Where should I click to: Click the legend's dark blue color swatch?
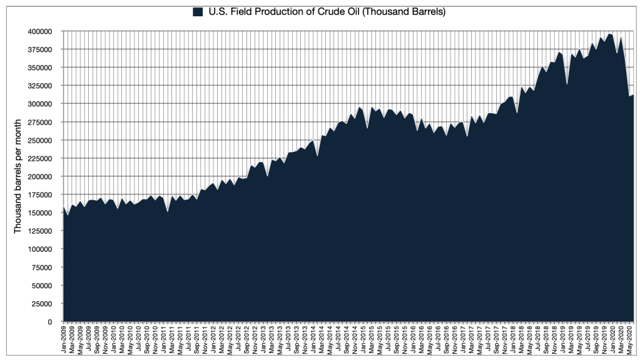(x=198, y=12)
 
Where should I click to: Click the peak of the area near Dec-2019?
(x=610, y=34)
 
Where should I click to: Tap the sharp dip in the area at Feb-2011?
(x=168, y=212)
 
